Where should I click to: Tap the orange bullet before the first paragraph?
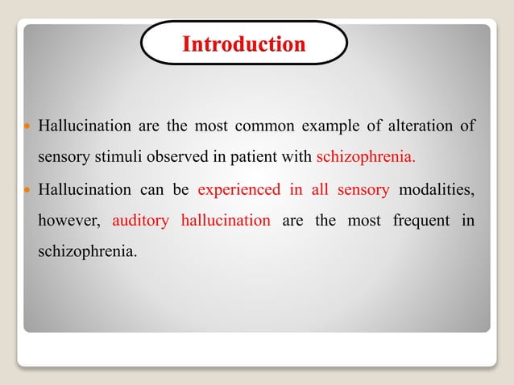27,127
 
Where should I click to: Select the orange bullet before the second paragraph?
27,191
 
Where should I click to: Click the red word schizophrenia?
367,155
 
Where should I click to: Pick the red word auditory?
140,220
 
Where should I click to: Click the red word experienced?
238,190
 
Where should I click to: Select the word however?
68,220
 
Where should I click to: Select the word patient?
244,155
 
